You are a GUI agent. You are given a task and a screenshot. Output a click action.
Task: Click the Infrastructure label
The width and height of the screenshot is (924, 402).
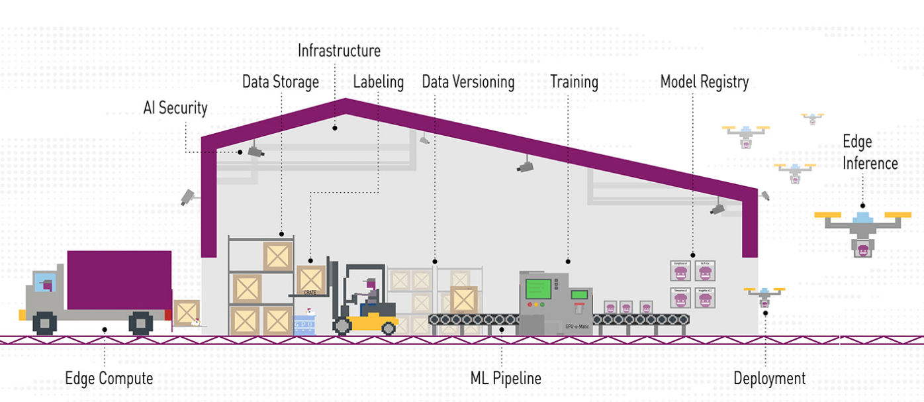(339, 50)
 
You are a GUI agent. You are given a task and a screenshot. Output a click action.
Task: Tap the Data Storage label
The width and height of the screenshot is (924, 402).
(280, 82)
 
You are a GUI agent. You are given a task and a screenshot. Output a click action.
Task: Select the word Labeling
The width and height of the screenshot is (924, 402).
(378, 82)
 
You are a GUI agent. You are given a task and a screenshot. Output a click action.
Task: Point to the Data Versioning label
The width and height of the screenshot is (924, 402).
(468, 82)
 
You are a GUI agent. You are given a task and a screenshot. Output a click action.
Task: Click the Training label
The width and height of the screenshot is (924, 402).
(574, 82)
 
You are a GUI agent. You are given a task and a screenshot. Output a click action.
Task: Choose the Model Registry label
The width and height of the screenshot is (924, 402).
(704, 82)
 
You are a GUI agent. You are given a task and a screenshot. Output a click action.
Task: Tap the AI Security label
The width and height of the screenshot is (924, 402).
(175, 107)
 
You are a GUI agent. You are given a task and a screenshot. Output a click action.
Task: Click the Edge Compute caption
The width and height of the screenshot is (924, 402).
(109, 379)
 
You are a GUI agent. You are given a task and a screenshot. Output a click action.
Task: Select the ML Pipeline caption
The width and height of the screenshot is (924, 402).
(506, 379)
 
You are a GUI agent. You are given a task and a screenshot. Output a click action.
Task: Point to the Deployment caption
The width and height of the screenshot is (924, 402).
(769, 379)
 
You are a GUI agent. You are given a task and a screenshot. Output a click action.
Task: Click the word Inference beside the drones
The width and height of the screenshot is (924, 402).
(870, 163)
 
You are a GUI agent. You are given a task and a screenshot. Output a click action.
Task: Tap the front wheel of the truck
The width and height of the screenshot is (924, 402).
(45, 323)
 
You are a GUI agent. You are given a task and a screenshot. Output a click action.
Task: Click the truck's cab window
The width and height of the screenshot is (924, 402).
(44, 283)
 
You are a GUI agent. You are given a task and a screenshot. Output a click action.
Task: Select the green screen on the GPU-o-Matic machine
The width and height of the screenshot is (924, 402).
(538, 289)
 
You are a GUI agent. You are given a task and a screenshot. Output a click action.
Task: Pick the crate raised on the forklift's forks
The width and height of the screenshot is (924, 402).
(310, 279)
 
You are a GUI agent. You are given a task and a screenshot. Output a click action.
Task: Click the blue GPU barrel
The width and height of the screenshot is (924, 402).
(304, 325)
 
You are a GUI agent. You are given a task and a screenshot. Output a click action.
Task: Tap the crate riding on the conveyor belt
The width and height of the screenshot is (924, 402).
(463, 299)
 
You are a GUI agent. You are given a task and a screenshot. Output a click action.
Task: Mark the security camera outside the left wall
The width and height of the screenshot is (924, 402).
(188, 197)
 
